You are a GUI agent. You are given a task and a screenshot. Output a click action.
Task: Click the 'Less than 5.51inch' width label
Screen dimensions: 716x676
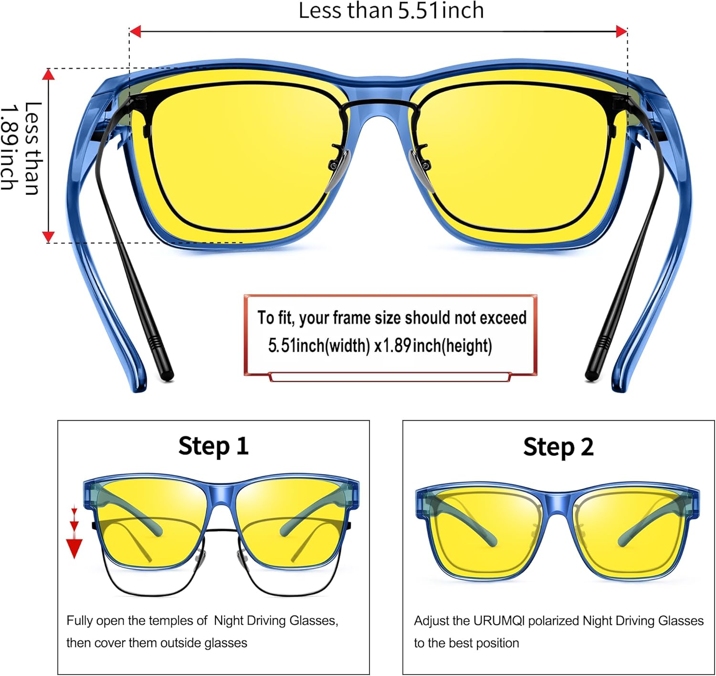coord(391,11)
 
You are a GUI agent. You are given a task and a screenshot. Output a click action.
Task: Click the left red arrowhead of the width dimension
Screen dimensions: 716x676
coord(135,32)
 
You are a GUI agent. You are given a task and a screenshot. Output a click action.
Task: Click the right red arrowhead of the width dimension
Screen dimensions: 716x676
coord(621,32)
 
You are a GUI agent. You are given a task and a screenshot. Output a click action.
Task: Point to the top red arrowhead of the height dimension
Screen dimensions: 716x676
coord(48,75)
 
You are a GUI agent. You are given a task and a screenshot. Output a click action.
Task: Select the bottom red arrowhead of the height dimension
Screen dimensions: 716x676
coord(48,236)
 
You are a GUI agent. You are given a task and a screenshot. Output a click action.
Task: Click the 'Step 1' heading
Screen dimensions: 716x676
coord(213,446)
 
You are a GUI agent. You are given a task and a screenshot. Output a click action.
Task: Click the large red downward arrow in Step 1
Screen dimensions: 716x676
coord(74,547)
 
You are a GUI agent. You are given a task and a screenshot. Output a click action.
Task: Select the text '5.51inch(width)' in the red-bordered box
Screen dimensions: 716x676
coord(319,345)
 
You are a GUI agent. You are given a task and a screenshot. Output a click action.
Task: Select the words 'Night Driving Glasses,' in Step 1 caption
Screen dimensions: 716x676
coord(276,621)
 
